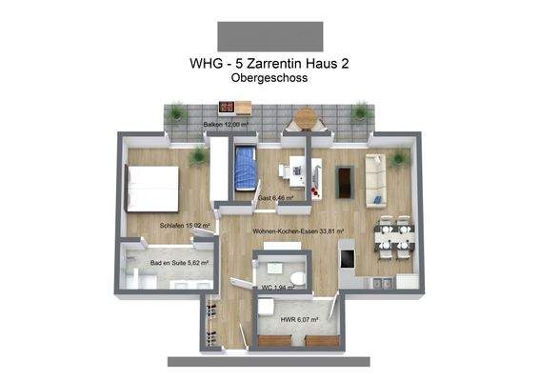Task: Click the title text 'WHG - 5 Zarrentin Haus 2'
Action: [x=269, y=65]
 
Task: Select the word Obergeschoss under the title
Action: [x=269, y=80]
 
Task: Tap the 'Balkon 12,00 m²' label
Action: [x=226, y=125]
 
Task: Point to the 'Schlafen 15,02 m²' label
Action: [x=184, y=226]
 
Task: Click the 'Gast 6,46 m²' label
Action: [x=274, y=198]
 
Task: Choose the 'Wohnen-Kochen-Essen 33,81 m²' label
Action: [x=298, y=231]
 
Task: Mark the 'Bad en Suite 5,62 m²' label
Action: [x=179, y=262]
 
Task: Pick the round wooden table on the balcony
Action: [x=306, y=119]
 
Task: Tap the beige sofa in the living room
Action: [x=375, y=180]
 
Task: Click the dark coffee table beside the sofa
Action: [x=345, y=180]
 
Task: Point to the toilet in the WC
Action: [x=297, y=278]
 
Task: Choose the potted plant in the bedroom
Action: [x=198, y=157]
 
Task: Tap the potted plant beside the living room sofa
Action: [x=398, y=158]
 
